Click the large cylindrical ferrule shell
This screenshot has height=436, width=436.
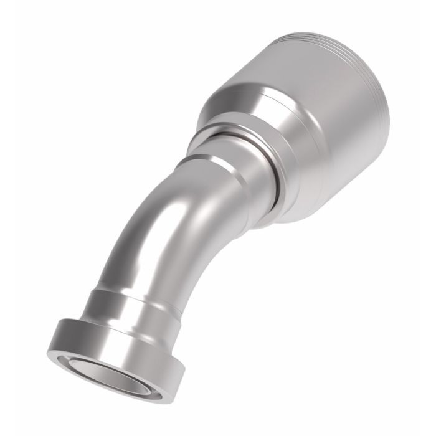coord(324,125)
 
